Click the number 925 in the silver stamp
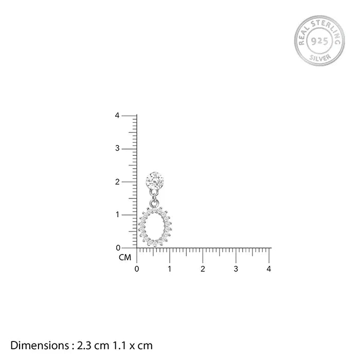[x=319, y=41]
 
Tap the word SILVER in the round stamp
[x=320, y=58]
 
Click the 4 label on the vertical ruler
[x=117, y=116]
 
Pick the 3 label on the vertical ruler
[x=117, y=148]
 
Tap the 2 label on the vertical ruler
[x=117, y=182]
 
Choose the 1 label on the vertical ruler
[x=118, y=214]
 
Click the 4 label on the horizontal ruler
[x=269, y=269]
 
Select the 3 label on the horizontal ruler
[x=236, y=269]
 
